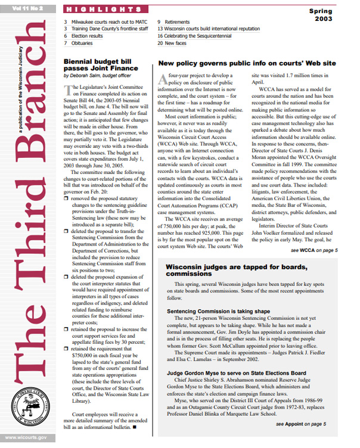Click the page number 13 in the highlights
[x=160, y=28]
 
